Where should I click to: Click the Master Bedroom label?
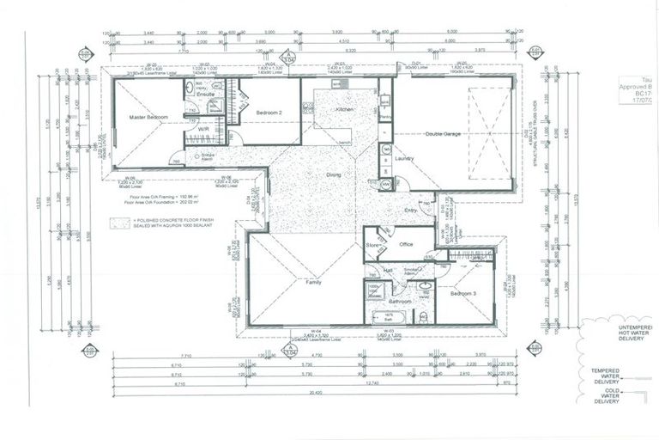point(148,116)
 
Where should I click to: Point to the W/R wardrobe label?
point(205,142)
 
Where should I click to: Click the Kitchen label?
point(345,111)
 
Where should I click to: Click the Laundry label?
point(405,158)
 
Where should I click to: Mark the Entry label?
point(411,209)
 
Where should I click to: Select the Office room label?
point(407,244)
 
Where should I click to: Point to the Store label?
point(373,244)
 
